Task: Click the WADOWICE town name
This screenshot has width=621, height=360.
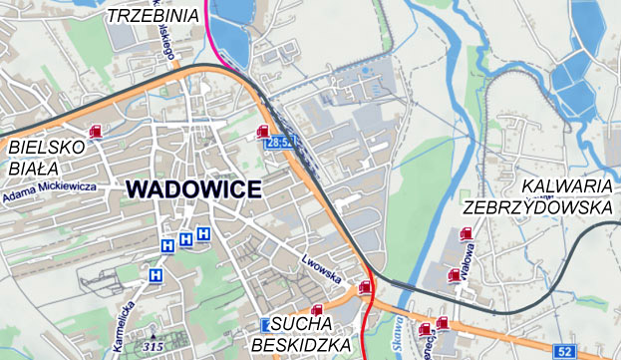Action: click(194, 189)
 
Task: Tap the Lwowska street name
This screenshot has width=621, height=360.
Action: click(321, 272)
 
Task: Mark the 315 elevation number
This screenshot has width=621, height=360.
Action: click(154, 346)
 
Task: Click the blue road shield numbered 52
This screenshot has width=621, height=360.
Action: click(565, 351)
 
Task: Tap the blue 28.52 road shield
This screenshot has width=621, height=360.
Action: click(280, 144)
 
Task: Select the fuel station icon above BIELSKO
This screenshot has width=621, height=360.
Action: click(96, 131)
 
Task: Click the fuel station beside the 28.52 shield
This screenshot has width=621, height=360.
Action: click(263, 131)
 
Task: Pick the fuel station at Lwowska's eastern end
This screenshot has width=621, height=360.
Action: click(365, 287)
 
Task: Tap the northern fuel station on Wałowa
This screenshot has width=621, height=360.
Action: click(466, 235)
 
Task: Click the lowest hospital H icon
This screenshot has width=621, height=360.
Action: click(155, 274)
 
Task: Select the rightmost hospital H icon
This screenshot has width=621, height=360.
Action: click(203, 233)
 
